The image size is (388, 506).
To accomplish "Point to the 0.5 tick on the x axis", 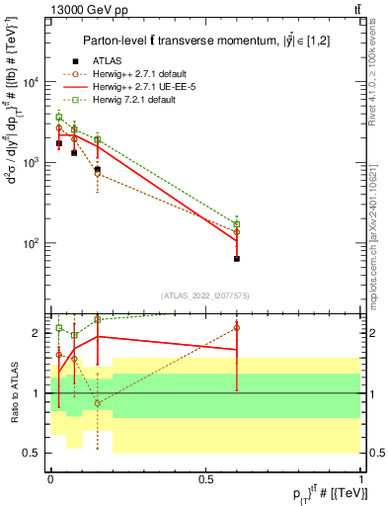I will [x=205, y=478].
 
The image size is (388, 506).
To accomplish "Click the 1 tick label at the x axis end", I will [x=360, y=478].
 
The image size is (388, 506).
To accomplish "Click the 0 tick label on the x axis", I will [x=49, y=478].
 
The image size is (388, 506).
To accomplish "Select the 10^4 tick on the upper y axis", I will [x=35, y=82].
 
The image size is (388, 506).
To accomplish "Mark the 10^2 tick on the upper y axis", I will [x=35, y=243].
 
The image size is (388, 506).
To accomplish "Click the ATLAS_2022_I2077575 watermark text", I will [x=205, y=295].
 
